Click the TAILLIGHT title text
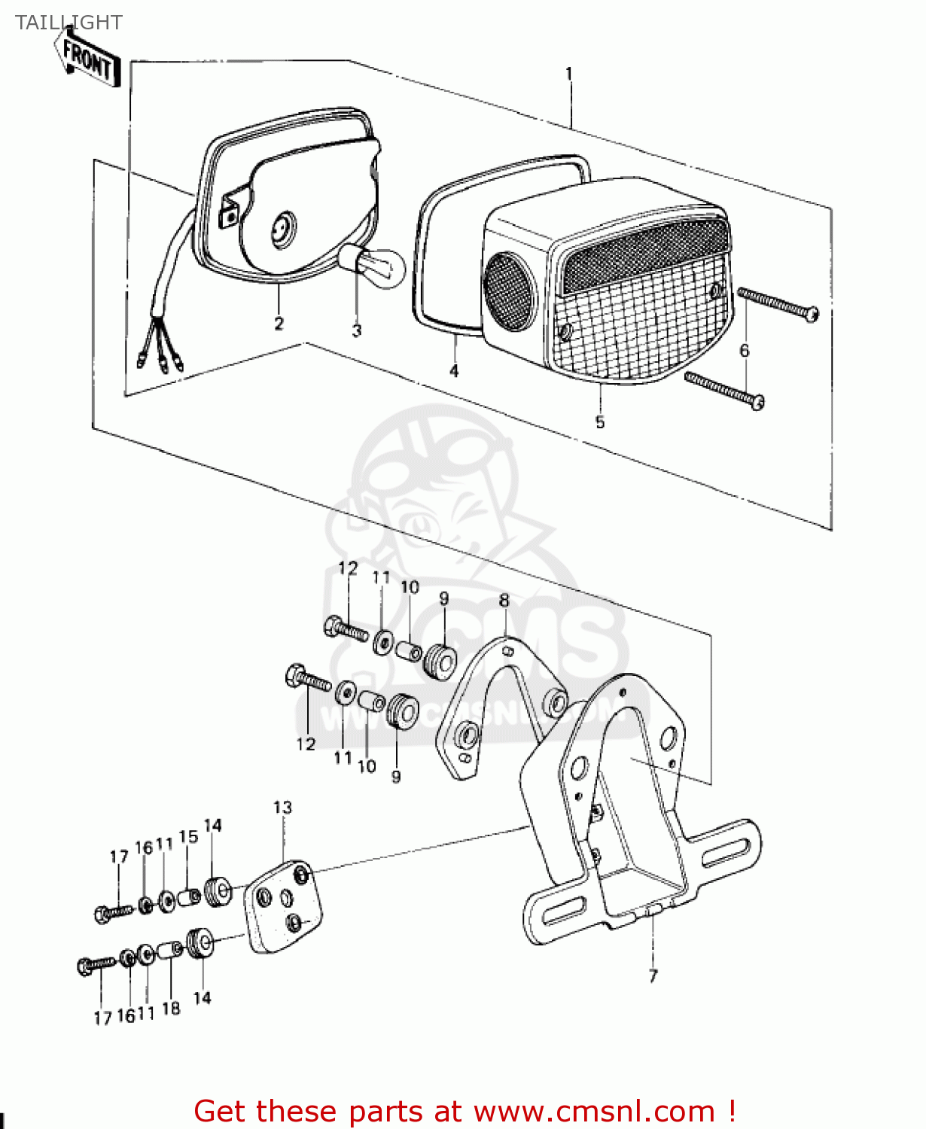pos(69,23)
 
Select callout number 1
pos(569,74)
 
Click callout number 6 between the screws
pos(744,350)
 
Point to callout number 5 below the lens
pos(599,422)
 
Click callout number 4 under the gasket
pos(454,371)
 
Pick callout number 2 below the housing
pos(279,324)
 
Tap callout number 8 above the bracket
pos(504,600)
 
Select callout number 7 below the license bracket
pos(653,975)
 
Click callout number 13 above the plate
pos(282,808)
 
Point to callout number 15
pos(188,837)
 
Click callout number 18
pos(171,1009)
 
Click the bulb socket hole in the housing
pos(284,227)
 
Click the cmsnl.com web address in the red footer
pos(594,1112)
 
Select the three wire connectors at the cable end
pos(160,363)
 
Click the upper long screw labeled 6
pos(778,303)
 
